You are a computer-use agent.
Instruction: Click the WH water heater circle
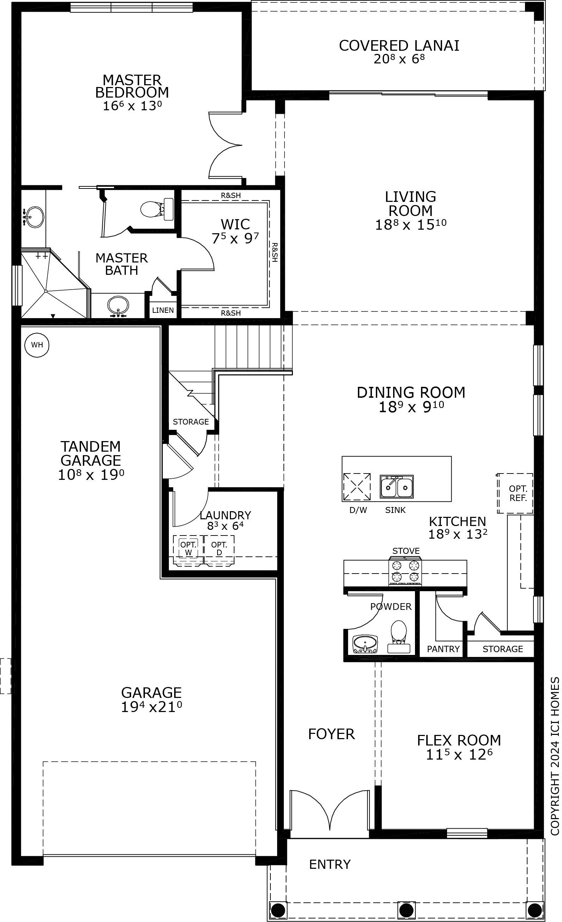[x=37, y=345]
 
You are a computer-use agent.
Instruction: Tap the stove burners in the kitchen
[x=405, y=571]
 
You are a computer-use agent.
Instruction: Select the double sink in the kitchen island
[x=397, y=487]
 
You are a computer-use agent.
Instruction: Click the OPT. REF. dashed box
[x=515, y=493]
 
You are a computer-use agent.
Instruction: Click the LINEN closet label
[x=163, y=310]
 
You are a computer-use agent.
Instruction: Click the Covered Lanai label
[x=399, y=45]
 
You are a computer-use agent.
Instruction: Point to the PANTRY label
[x=443, y=649]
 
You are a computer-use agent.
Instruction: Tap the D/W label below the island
[x=358, y=510]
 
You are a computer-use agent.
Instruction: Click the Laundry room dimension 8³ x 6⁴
[x=225, y=526]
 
